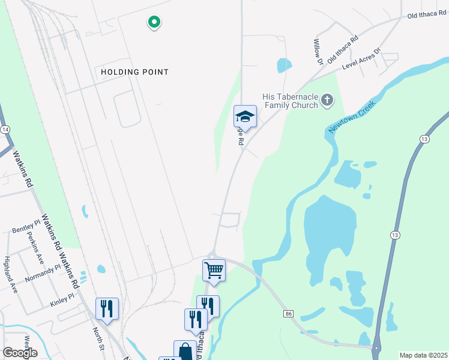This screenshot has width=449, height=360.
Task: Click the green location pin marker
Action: (x=154, y=23)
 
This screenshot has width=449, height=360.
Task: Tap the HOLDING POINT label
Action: (x=134, y=72)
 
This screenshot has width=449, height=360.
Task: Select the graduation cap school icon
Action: (x=245, y=116)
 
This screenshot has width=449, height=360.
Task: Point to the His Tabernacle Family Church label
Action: (x=290, y=101)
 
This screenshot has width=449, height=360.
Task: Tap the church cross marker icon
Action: (x=327, y=100)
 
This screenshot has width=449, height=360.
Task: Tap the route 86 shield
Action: (x=289, y=313)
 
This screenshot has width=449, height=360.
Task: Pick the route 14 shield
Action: (x=5, y=130)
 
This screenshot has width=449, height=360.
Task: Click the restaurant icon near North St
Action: (x=107, y=308)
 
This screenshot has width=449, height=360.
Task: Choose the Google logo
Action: (x=20, y=353)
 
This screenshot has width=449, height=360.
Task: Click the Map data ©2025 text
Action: (x=423, y=355)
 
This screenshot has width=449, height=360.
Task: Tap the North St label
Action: (x=98, y=338)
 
